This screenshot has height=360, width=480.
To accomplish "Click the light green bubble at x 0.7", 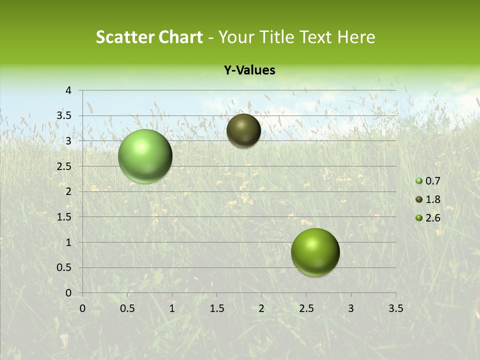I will [145, 156].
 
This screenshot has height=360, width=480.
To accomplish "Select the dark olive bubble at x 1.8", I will [243, 130].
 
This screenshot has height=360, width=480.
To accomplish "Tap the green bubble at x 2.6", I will [315, 252].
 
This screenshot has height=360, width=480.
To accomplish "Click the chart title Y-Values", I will [249, 70].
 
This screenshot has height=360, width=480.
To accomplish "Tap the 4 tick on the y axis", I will [68, 90].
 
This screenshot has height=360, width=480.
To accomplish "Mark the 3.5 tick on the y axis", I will [64, 116].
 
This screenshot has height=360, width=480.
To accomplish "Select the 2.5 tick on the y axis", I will [64, 166].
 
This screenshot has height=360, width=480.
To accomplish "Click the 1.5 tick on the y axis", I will [64, 217].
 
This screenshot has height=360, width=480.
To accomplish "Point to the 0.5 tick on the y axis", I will [64, 267].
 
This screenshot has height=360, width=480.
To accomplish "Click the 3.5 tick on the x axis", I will [395, 308].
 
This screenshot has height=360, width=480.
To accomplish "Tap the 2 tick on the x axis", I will [261, 308].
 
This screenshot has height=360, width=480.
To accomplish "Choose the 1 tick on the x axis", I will [172, 308].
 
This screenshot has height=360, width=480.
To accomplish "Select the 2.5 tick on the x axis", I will [306, 308].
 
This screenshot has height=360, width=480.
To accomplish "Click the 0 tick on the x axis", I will [82, 308].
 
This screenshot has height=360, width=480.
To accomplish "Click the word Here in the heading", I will [356, 37].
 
